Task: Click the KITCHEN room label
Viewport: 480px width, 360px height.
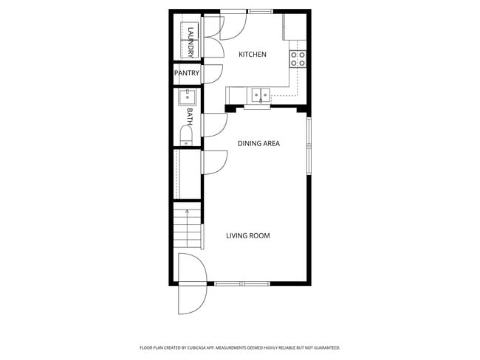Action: coord(252,55)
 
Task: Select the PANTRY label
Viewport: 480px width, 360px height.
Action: coord(187,73)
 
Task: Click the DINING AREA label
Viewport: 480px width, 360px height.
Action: coord(258,143)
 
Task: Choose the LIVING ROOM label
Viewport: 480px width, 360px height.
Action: coord(247,236)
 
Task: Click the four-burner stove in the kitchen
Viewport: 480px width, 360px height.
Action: coord(298,59)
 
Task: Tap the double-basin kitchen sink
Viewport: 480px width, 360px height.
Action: coord(260,94)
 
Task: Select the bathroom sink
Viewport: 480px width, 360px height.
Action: coord(187,96)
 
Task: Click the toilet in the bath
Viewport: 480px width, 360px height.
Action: coord(186,135)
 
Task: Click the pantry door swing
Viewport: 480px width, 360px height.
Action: coord(211,74)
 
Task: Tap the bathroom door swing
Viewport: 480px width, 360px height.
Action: coord(213,125)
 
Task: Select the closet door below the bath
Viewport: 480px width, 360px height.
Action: coord(213,162)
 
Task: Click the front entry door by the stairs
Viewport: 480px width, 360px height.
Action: coord(192,284)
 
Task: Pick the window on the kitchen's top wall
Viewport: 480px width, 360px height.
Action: coord(259,11)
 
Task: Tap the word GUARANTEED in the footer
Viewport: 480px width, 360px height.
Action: coord(325,347)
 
